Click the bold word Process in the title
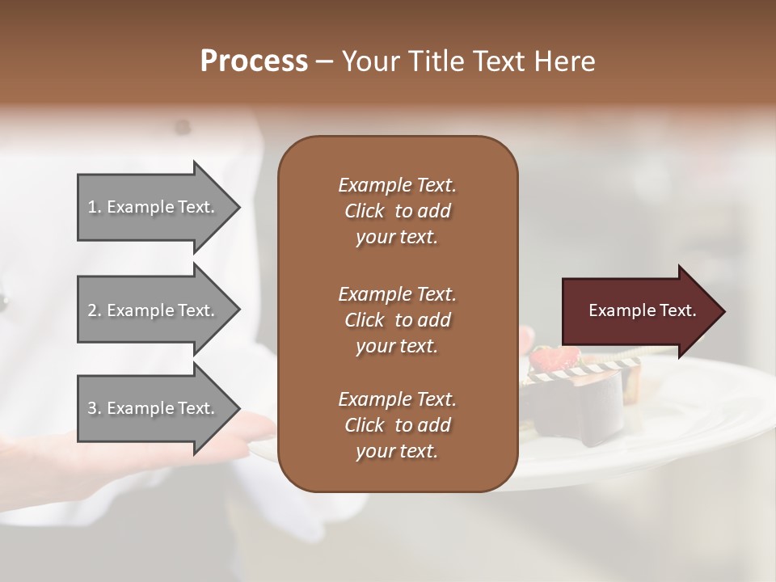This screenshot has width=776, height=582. click(254, 61)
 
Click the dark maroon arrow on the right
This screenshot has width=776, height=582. click(639, 310)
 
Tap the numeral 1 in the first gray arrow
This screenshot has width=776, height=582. click(92, 208)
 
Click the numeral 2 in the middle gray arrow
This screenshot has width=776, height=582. click(92, 310)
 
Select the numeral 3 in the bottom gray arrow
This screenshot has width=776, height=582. click(92, 408)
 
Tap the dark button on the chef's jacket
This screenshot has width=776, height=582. click(183, 127)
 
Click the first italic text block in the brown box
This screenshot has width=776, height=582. click(397, 211)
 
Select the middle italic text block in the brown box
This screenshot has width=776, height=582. click(397, 319)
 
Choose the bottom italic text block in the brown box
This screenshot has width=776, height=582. click(397, 425)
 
